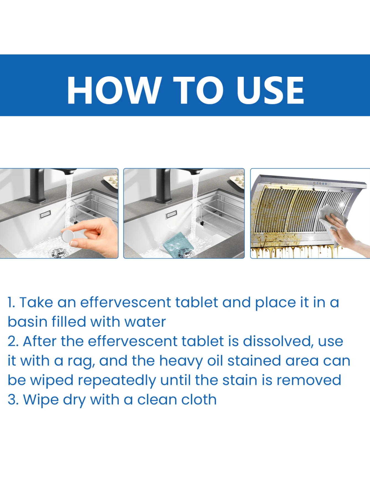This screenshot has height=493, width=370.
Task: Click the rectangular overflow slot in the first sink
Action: point(45,214)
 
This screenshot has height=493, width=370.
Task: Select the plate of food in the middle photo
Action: point(237,181)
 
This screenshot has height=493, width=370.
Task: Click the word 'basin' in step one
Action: point(28,322)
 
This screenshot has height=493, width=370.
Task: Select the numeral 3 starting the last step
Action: point(12,400)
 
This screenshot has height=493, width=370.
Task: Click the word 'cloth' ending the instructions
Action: point(199,400)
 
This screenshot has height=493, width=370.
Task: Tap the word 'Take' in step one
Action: point(36,302)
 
